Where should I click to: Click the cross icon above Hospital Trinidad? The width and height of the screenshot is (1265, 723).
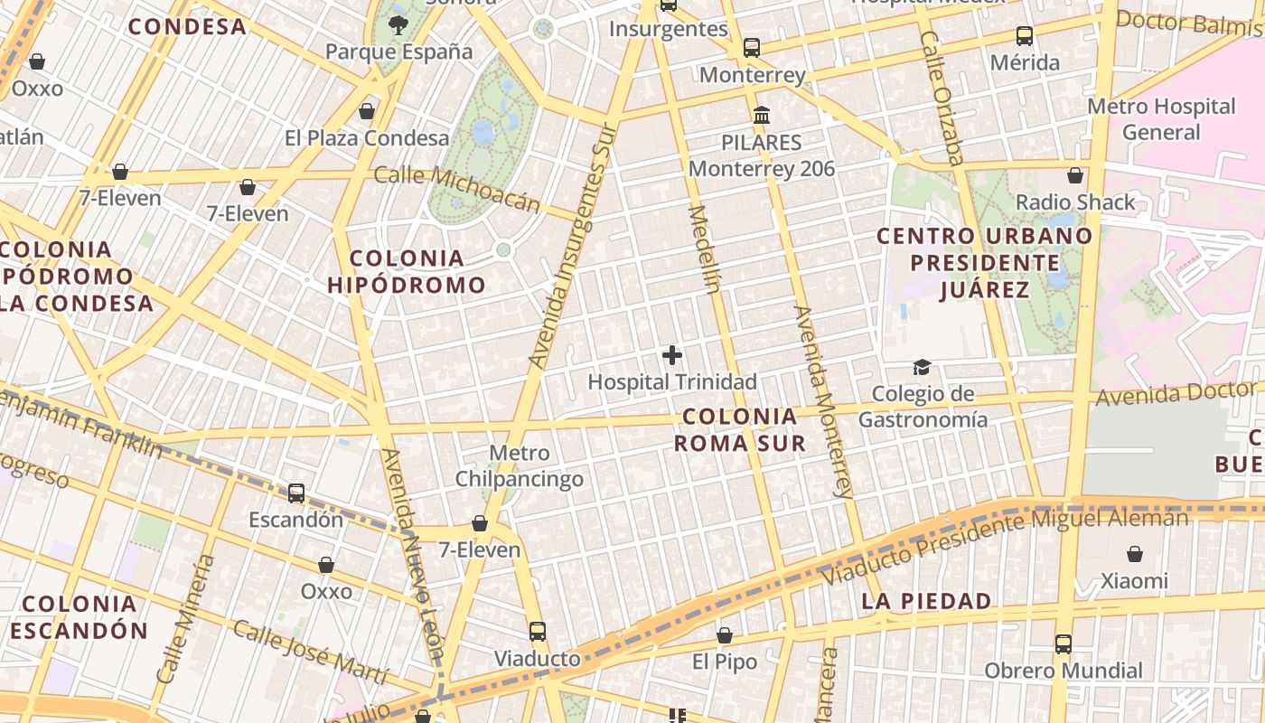tap(672, 355)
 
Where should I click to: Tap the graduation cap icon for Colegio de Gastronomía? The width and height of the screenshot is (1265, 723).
tap(922, 367)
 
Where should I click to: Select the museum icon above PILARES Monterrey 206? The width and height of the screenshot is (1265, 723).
tap(762, 116)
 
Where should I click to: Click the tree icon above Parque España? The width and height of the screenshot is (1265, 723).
tap(398, 24)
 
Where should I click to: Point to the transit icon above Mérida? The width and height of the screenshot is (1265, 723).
tap(1024, 36)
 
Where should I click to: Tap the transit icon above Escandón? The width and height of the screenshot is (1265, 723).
tap(296, 493)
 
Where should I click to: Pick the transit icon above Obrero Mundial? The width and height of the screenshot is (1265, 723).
tap(1064, 644)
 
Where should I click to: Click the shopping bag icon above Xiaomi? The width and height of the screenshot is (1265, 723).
tap(1135, 554)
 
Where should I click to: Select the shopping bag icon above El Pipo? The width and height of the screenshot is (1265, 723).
tap(725, 635)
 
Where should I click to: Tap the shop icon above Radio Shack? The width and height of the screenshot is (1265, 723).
tap(1075, 175)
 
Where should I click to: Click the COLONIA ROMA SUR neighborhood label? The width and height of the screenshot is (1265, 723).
tap(741, 430)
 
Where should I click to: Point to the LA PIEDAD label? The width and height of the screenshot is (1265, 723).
tap(926, 601)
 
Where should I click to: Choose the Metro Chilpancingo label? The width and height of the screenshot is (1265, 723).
tap(519, 465)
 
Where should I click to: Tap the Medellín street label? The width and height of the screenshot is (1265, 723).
tap(706, 249)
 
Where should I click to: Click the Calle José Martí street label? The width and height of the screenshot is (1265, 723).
tap(310, 652)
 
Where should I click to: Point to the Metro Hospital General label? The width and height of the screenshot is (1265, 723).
tap(1161, 119)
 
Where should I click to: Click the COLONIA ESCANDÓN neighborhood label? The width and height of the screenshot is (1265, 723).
tap(79, 616)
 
